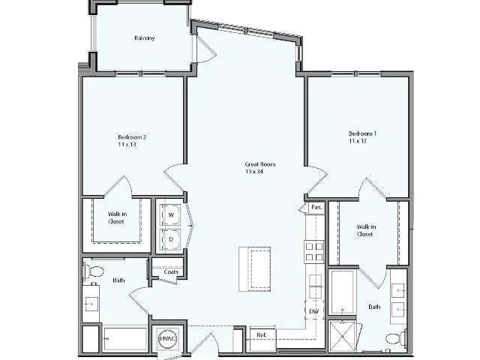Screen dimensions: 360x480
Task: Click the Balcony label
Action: click(x=145, y=38)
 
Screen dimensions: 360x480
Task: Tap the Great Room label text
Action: click(x=260, y=167)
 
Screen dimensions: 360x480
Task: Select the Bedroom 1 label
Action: click(x=362, y=137)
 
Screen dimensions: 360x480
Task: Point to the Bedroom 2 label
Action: click(x=132, y=140)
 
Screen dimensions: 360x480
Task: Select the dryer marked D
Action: click(x=171, y=240)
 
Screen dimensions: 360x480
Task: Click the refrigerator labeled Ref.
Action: click(x=262, y=335)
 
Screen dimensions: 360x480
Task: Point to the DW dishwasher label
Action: click(x=314, y=310)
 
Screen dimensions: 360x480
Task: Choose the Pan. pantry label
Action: click(x=316, y=207)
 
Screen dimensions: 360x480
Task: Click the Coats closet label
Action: click(x=169, y=271)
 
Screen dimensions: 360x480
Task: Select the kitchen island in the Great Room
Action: click(x=254, y=268)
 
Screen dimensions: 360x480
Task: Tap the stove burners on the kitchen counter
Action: click(x=314, y=252)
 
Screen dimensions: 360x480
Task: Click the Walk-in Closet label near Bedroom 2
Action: click(x=116, y=217)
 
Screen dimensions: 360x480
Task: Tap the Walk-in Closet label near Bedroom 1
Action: click(x=365, y=230)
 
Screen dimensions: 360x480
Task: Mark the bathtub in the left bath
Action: click(x=125, y=339)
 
